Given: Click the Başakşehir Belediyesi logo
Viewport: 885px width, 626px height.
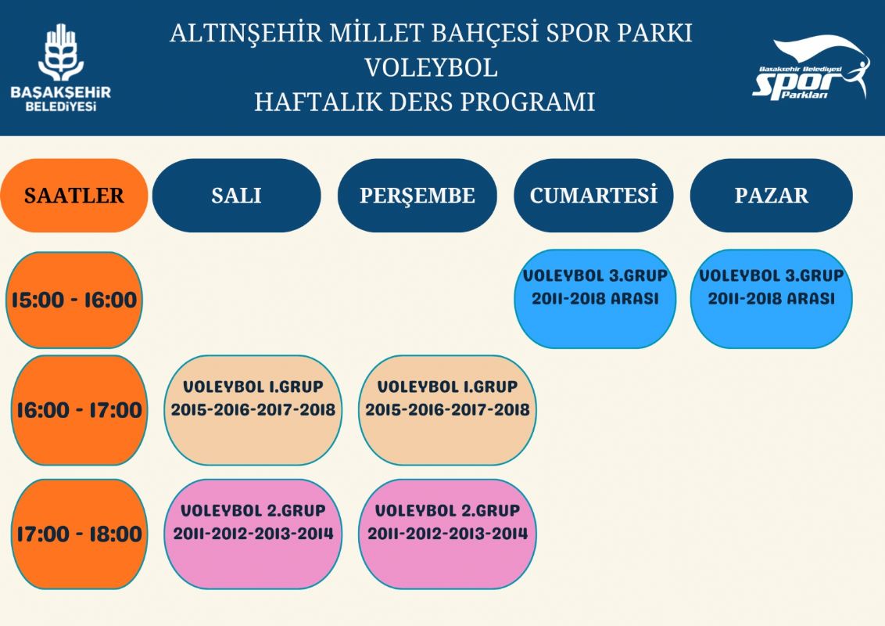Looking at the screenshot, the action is coord(61,68).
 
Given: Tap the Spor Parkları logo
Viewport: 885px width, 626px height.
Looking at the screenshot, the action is coord(811,69).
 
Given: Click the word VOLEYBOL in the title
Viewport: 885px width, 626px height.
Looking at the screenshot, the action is coord(432,68).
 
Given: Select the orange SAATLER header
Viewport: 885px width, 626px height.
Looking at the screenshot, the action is coord(74,196).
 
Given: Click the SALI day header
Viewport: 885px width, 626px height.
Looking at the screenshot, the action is coord(236,196).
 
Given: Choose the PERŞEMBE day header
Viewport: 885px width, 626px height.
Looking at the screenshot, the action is coord(417,196).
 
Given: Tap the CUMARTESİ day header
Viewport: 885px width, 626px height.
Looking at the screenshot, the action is coord(593,196).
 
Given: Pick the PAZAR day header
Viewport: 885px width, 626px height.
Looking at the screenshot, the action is coord(771,196).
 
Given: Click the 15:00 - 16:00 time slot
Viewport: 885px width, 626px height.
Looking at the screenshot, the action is coord(74,300).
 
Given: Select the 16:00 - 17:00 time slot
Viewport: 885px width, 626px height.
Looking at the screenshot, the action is coord(79,410).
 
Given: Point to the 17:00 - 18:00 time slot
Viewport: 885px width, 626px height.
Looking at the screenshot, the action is coord(79,534).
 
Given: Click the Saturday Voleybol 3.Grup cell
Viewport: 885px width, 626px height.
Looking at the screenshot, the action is coord(595,299).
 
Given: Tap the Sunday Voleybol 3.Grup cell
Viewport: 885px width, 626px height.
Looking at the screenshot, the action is coord(771,299).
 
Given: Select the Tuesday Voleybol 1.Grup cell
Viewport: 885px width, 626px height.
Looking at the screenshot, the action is coord(253,410).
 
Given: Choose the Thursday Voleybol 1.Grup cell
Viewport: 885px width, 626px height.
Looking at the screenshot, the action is coord(447,410).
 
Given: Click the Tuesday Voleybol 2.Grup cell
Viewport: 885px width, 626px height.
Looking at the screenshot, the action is coord(253,534).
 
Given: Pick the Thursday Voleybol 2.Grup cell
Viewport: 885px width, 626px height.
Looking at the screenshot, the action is coord(447,534).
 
